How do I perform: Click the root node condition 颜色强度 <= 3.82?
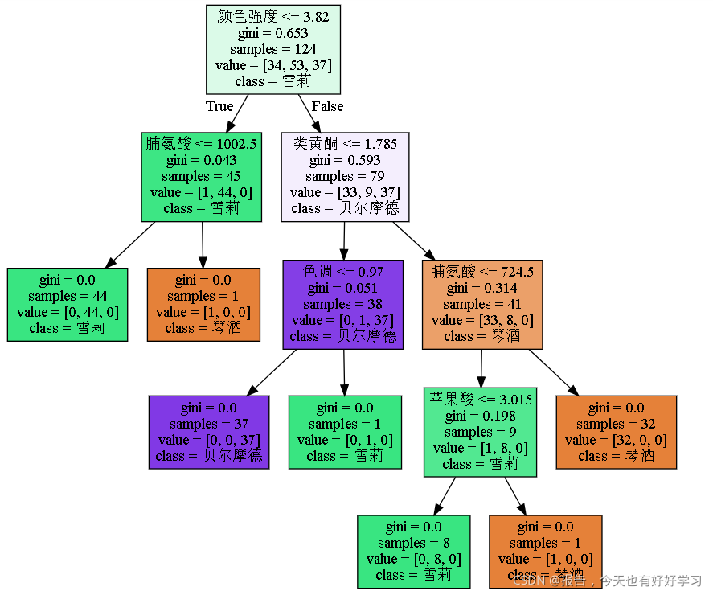tap(272, 17)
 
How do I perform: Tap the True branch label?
tap(219, 106)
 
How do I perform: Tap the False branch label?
tap(327, 106)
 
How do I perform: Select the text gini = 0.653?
tap(272, 33)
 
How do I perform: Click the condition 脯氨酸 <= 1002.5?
tap(201, 144)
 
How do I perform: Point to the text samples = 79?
tap(345, 176)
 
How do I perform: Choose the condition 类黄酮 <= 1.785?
tap(345, 144)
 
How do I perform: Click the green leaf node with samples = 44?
tap(68, 304)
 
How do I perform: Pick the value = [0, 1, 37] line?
tap(343, 320)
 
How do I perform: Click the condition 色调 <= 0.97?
tap(343, 272)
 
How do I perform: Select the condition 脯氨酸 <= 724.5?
tap(482, 272)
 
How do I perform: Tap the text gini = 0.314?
tap(482, 288)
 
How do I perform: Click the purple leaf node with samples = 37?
tap(209, 432)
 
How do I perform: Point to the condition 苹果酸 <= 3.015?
tap(480, 400)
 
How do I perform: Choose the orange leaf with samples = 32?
tap(617, 432)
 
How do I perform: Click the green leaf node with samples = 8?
tap(413, 552)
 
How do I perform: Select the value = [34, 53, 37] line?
tap(273, 65)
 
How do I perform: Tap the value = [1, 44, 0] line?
tap(201, 192)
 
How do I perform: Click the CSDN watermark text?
tap(608, 581)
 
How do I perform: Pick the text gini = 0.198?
tap(480, 416)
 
